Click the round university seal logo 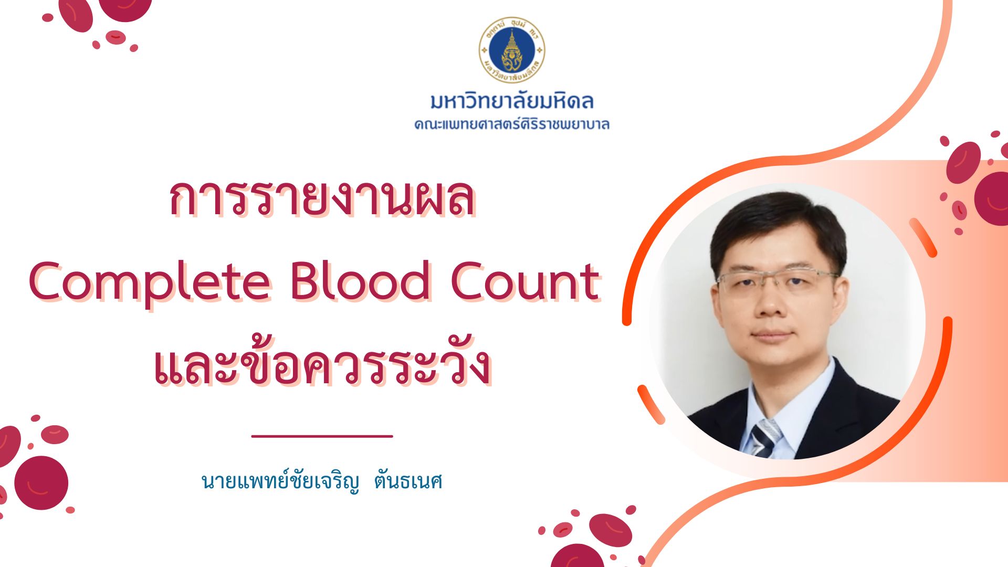(511, 50)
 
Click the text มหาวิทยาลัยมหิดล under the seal (512, 101)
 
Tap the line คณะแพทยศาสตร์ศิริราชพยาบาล (512, 124)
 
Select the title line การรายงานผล (322, 198)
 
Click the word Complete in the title (150, 282)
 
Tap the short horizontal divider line (322, 436)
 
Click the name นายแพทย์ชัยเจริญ (281, 480)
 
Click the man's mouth (772, 334)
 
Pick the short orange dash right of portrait (923, 237)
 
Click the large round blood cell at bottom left (41, 482)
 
